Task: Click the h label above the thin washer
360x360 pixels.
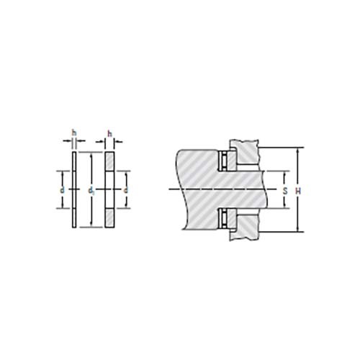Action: pos(73,132)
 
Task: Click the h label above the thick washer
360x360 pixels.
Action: pos(109,132)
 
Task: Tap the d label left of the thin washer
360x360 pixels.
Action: pos(63,189)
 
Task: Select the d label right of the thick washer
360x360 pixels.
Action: pos(125,189)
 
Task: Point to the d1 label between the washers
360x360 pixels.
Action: pos(90,190)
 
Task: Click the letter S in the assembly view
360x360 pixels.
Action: pos(286,190)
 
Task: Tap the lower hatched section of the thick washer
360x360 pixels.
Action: pos(109,217)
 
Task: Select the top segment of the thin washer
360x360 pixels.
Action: pos(73,162)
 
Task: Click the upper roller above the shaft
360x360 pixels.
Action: pos(225,159)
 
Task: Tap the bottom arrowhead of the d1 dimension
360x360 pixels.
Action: pos(90,226)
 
